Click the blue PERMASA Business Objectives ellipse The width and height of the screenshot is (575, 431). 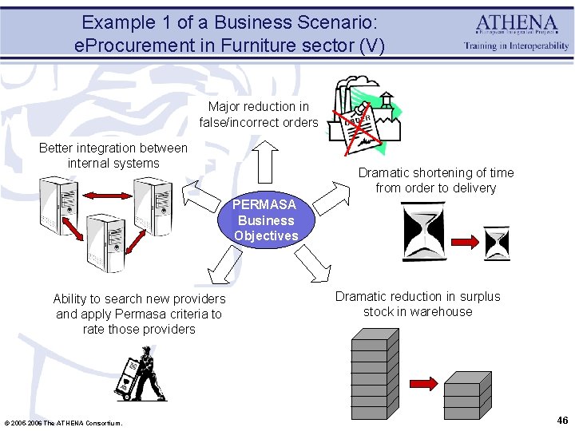(265, 220)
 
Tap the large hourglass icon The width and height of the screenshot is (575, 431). (422, 231)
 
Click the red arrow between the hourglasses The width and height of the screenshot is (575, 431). (463, 239)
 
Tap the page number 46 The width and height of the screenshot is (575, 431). (562, 420)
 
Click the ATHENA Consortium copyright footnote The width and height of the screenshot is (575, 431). (64, 422)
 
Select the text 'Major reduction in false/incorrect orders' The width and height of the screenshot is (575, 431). (259, 114)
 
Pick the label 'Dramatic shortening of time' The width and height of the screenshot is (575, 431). (436, 172)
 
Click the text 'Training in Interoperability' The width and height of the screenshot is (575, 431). (517, 45)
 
